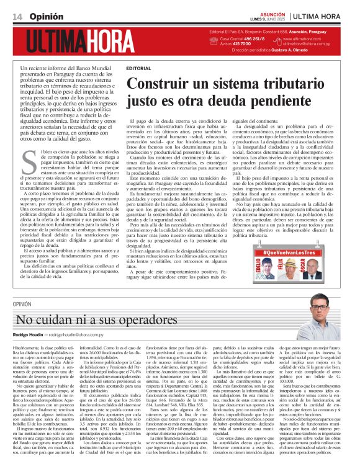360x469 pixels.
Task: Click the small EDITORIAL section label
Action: (x=137, y=67)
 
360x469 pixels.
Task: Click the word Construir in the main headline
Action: (x=164, y=83)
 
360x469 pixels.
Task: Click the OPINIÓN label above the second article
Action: (x=22, y=304)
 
